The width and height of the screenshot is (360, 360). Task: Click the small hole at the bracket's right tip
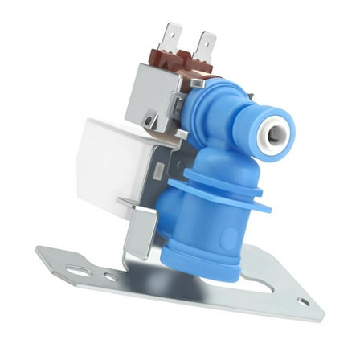tap(303, 302)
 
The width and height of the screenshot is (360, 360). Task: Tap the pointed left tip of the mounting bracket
tap(39, 251)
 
